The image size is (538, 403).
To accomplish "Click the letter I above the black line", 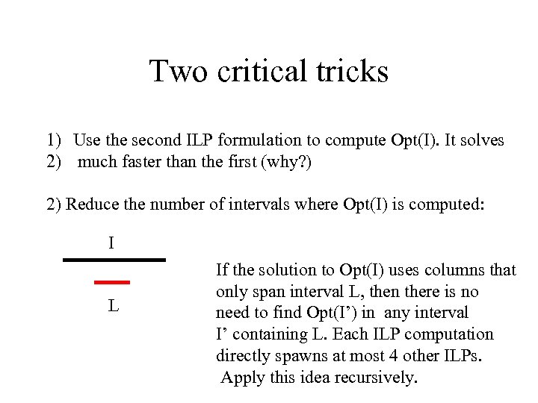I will [x=111, y=243].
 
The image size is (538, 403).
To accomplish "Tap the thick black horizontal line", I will [x=114, y=260].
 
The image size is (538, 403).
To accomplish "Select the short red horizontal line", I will [x=112, y=282].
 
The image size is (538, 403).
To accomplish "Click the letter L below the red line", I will [x=112, y=307].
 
